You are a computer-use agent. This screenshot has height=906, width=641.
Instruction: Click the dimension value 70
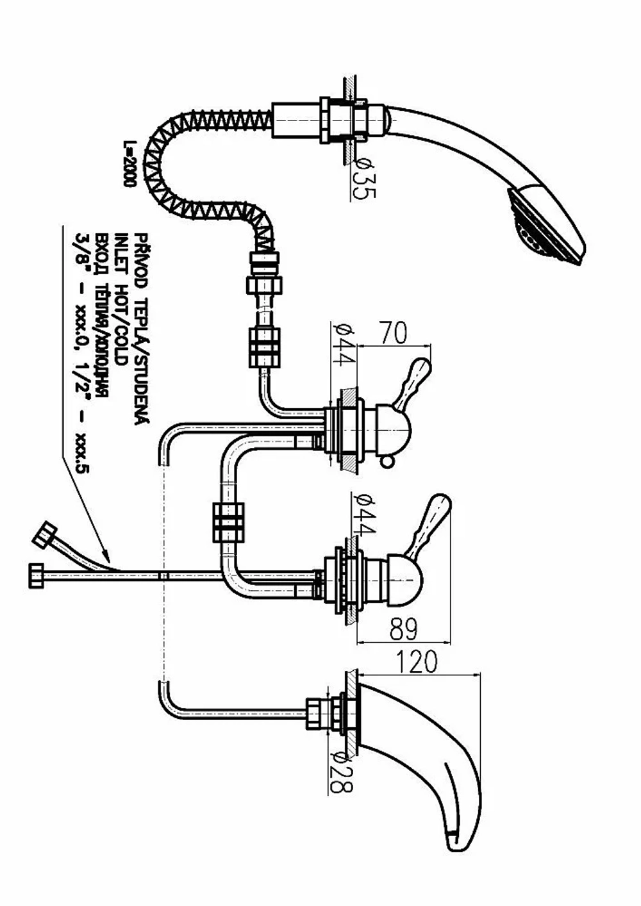[x=394, y=333]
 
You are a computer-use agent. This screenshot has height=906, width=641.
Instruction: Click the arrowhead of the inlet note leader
[x=105, y=556]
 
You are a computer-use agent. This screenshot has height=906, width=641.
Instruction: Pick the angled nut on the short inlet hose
[x=44, y=534]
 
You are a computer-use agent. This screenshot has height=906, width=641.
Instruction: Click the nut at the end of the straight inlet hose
[x=36, y=575]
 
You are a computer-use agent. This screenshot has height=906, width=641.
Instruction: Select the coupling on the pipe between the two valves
[x=228, y=522]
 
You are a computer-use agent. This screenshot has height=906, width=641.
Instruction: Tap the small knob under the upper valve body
[x=387, y=461]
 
